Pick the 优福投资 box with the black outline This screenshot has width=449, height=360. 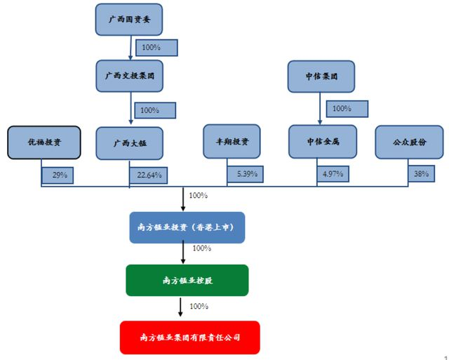43,142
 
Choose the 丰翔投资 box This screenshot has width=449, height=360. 232,141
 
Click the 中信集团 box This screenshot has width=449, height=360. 321,76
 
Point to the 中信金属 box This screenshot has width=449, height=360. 322,141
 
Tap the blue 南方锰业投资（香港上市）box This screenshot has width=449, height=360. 186,227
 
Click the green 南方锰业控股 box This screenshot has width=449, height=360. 186,280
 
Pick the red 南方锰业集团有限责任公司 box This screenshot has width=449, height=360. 189,338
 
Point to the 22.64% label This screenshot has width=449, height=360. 149,175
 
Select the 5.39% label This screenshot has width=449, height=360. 246,173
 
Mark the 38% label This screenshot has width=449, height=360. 421,173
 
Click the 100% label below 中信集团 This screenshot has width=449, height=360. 342,109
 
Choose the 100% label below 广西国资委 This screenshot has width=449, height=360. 155,47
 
